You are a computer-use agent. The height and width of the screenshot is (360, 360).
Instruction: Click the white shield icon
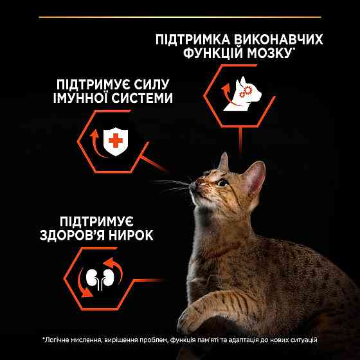[x=116, y=141]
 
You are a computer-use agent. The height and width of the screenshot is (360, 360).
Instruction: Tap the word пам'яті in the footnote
[x=215, y=339]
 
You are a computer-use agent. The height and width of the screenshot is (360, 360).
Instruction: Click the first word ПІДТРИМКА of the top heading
[x=192, y=38]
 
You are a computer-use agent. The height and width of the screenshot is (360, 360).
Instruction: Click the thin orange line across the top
[x=180, y=17]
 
